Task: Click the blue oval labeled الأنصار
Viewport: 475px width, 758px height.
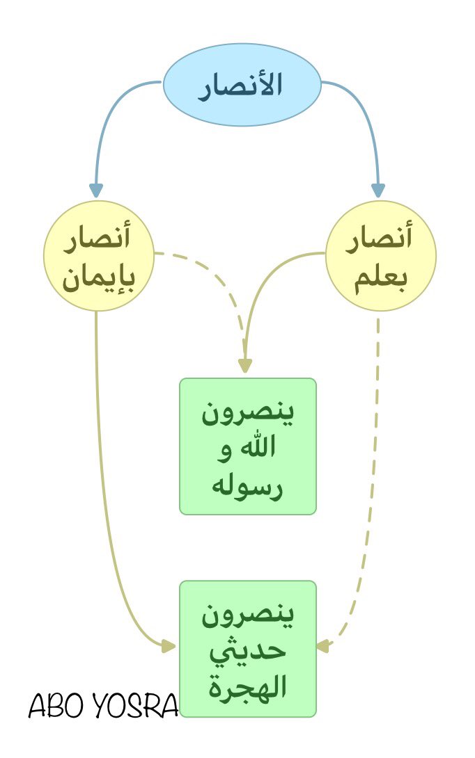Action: [x=242, y=85]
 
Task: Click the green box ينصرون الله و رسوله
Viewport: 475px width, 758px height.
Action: [x=248, y=446]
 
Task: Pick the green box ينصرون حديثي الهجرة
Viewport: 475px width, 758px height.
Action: [x=248, y=649]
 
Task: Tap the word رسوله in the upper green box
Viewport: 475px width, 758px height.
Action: [x=248, y=485]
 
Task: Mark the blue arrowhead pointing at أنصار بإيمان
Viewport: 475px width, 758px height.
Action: [x=96, y=190]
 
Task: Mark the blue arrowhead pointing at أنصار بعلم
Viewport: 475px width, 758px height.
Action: [x=378, y=190]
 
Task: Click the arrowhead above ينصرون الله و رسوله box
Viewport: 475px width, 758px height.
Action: [x=244, y=366]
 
